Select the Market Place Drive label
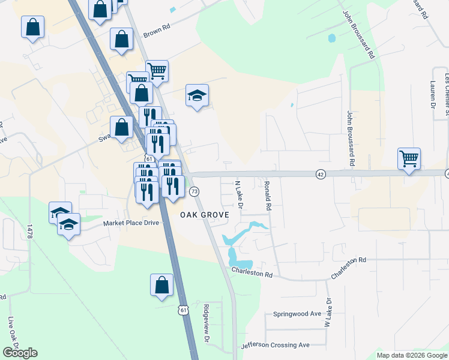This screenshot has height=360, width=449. click(131, 223)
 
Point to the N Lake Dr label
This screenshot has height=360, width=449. click(238, 195)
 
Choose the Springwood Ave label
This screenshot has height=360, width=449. click(298, 314)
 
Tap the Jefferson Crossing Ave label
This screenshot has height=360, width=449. click(275, 345)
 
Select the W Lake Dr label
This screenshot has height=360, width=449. click(328, 313)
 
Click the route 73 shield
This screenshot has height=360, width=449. click(194, 191)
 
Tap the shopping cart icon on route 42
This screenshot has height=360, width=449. click(409, 159)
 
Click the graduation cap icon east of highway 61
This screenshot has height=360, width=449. click(197, 95)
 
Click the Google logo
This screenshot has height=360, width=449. click(20, 353)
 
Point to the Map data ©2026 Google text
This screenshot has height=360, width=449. click(411, 355)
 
